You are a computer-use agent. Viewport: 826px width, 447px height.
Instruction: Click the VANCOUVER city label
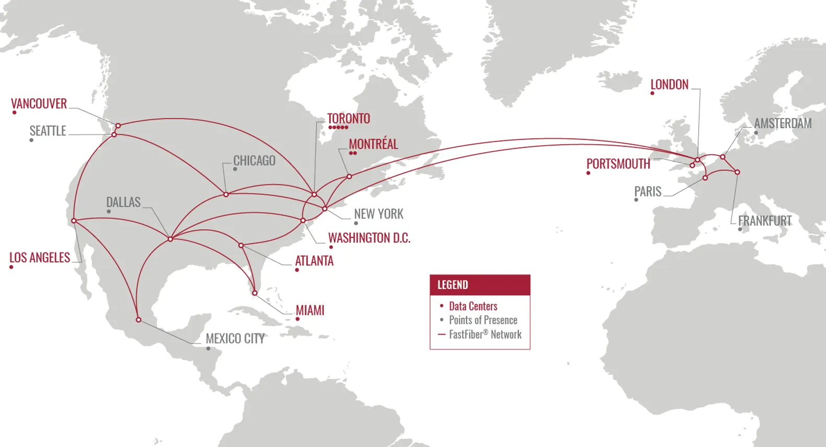pyautogui.click(x=39, y=104)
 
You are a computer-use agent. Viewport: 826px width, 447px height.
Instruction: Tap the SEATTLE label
pyautogui.click(x=48, y=131)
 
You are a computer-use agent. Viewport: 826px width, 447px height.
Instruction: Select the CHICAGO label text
pyautogui.click(x=254, y=161)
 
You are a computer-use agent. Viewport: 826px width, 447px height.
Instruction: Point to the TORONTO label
pyautogui.click(x=348, y=119)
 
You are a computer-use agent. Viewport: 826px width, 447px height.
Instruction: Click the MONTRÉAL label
pyautogui.click(x=373, y=144)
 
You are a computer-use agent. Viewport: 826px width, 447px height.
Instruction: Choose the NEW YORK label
pyautogui.click(x=379, y=214)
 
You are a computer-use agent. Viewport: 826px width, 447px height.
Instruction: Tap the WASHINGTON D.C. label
pyautogui.click(x=369, y=238)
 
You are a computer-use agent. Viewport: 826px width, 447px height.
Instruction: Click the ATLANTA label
pyautogui.click(x=314, y=261)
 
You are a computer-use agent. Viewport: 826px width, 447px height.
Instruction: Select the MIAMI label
pyautogui.click(x=310, y=311)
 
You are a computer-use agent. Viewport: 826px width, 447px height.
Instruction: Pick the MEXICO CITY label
pyautogui.click(x=235, y=339)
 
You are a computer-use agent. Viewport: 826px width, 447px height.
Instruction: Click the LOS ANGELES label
pyautogui.click(x=40, y=258)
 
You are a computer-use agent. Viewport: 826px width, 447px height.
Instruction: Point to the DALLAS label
pyautogui.click(x=123, y=202)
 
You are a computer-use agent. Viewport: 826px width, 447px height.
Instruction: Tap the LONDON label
pyautogui.click(x=669, y=85)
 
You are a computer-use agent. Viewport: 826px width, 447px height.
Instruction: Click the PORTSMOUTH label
pyautogui.click(x=618, y=164)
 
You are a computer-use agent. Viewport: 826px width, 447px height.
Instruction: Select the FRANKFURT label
pyautogui.click(x=764, y=221)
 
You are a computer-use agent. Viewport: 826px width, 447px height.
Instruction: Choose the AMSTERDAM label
pyautogui.click(x=783, y=123)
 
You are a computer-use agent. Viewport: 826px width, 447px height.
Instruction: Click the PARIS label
pyautogui.click(x=648, y=192)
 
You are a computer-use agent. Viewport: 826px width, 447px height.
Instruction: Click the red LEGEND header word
pyautogui.click(x=452, y=285)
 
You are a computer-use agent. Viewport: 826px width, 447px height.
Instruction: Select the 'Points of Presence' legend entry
pyautogui.click(x=483, y=320)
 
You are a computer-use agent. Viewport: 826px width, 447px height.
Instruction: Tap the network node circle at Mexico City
pyautogui.click(x=138, y=319)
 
